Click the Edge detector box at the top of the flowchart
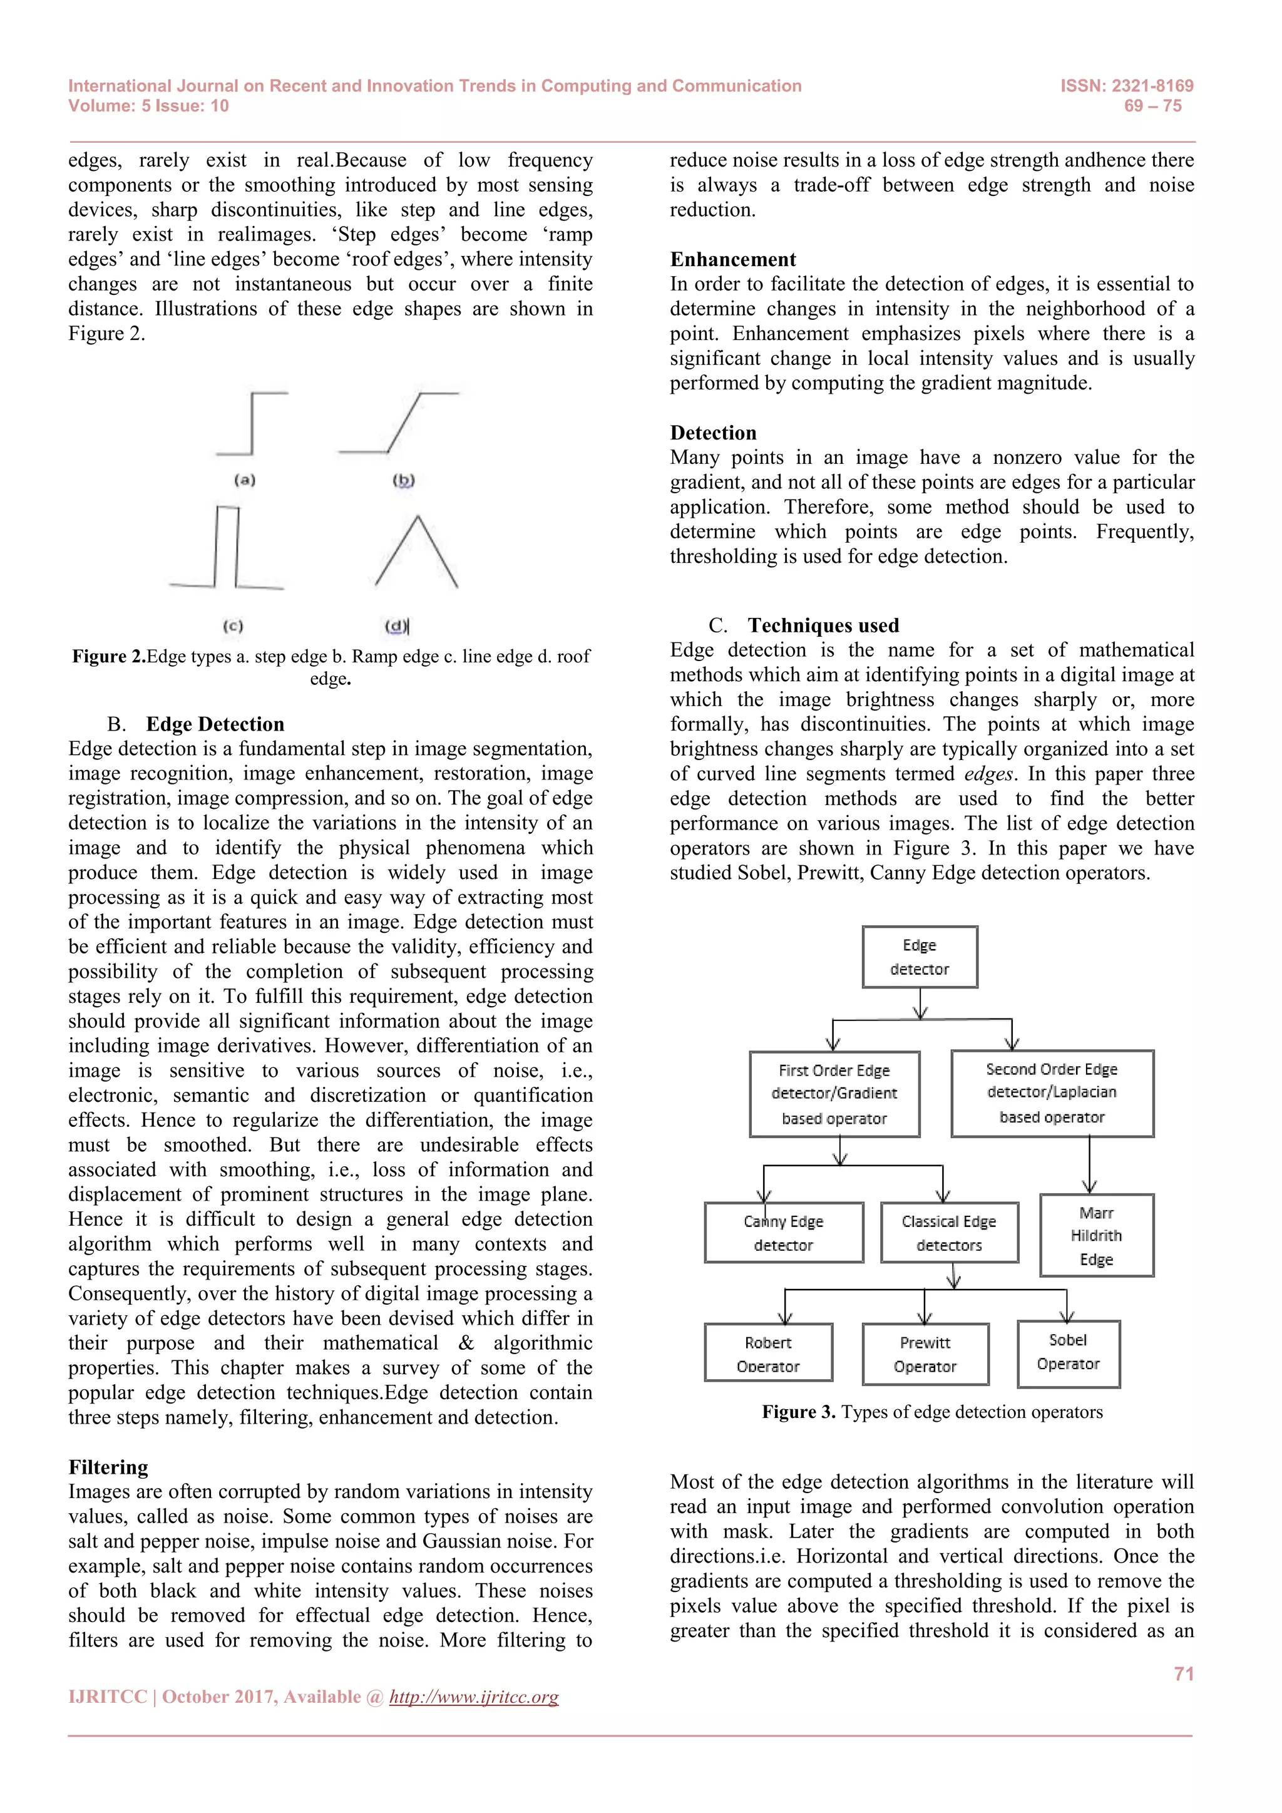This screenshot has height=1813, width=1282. (920, 957)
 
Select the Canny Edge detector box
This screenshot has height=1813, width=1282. (783, 1233)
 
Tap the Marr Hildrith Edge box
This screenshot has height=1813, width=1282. (1097, 1235)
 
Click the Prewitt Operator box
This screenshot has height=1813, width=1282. (925, 1354)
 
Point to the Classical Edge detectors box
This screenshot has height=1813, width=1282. (949, 1233)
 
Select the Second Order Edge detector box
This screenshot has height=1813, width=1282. (1052, 1093)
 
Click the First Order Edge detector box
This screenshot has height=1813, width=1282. (834, 1094)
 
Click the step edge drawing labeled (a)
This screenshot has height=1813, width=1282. (252, 424)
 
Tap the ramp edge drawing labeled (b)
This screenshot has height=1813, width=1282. (399, 423)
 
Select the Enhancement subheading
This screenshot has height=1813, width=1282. (732, 260)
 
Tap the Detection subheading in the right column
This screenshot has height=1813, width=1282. (713, 433)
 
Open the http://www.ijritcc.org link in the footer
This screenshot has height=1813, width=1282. (474, 1697)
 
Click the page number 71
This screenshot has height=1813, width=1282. (1183, 1674)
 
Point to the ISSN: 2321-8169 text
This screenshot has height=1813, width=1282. (1127, 86)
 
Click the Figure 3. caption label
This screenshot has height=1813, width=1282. (798, 1412)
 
